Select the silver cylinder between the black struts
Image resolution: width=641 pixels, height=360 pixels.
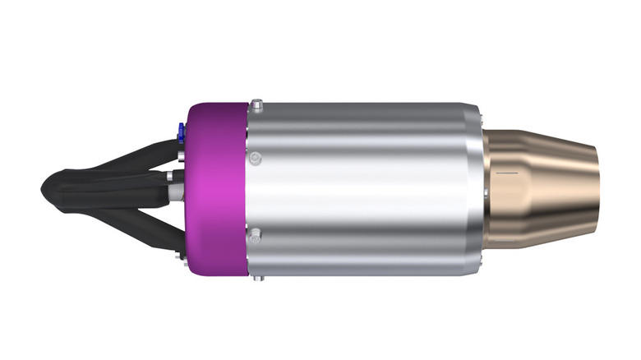point(173,191)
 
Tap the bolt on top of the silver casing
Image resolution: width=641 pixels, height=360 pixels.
point(257,105)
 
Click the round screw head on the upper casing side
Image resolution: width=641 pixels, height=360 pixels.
point(257,157)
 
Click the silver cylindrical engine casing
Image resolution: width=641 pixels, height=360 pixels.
point(362,189)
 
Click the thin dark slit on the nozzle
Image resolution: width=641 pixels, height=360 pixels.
point(506,174)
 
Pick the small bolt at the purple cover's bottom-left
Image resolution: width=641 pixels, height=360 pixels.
point(180,255)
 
